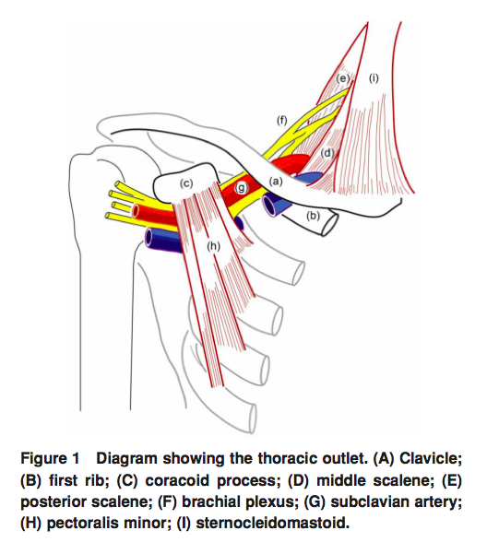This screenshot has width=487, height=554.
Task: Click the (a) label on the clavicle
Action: [x=275, y=183]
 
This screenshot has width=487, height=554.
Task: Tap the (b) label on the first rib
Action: [x=313, y=217]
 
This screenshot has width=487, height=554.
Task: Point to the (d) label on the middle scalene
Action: [x=326, y=153]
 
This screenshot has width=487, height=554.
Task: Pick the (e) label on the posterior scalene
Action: [x=342, y=78]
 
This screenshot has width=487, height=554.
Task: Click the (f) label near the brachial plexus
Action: [x=281, y=120]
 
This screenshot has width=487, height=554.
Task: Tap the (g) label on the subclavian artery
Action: [x=242, y=188]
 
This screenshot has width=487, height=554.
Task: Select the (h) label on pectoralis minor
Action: [x=214, y=247]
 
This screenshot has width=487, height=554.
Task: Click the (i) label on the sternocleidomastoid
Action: [x=373, y=78]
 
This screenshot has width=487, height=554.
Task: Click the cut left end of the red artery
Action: [x=137, y=211]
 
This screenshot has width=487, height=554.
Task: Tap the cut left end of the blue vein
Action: [x=149, y=239]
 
